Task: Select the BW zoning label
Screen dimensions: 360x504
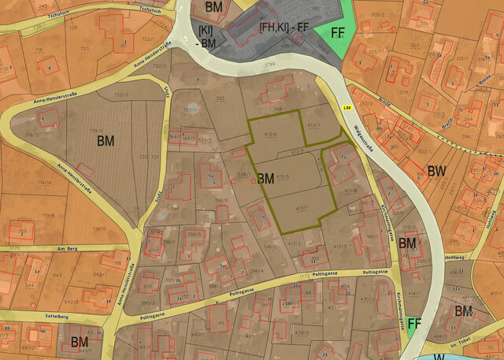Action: tap(437, 171)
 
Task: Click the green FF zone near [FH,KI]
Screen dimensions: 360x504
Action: tap(338, 34)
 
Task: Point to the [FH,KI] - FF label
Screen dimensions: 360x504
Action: tap(283, 28)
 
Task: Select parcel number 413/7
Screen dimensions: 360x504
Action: tap(314, 125)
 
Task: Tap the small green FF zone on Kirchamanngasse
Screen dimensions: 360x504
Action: tap(414, 324)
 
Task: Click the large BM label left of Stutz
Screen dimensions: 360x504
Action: tap(106, 141)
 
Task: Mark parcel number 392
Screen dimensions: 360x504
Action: tap(220, 98)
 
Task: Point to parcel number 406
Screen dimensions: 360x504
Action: tap(279, 110)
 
